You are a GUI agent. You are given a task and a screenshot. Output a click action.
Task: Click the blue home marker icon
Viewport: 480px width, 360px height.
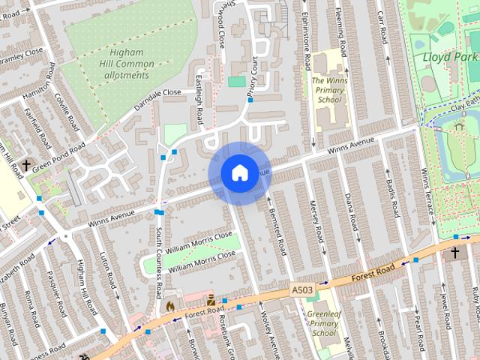(x=238, y=173)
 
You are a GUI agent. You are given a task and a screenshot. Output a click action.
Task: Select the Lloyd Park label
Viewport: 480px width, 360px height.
(x=449, y=56)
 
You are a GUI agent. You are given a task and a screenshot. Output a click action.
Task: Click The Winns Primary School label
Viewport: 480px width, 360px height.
(x=329, y=89)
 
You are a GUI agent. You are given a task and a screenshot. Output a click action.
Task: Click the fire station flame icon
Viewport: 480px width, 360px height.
(x=169, y=306)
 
